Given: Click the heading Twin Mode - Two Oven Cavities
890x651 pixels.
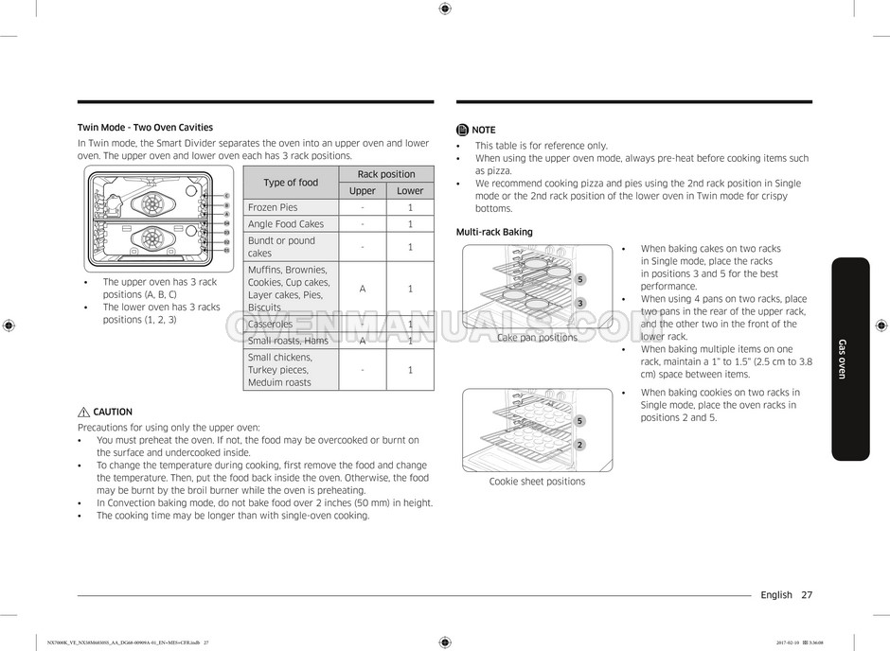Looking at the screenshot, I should coord(145,127).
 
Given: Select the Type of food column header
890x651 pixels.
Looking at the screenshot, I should coord(291,183).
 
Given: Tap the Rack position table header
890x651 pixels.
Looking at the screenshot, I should coord(385,174).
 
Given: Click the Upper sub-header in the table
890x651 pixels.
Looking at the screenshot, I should coord(362,191).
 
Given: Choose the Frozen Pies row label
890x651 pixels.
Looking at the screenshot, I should coord(273,207).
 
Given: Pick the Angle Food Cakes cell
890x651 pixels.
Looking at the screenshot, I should coord(285,224).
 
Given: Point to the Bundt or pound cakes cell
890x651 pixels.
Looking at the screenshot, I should coord(281,247).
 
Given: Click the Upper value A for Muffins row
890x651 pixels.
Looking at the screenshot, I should coord(362,289).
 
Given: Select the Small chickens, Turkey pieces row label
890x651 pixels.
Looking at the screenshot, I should coord(279,370).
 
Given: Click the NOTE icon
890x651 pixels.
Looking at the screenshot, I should coord(462,130).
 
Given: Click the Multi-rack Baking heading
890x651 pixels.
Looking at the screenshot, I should coord(494,232).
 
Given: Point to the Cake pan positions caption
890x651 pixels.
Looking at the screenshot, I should coord(537,338).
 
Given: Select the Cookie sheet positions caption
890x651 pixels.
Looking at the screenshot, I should coord(537,482).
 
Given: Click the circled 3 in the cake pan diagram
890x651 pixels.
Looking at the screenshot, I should coord(579,303).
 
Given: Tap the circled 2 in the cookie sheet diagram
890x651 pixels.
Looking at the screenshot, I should coord(579,445).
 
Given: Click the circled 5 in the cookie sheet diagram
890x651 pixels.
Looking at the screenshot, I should coord(579,420).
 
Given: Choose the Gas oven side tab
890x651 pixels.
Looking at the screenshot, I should coord(849,359).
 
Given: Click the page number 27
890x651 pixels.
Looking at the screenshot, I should coord(806,595).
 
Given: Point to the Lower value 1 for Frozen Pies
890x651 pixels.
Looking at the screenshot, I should coord(410,207).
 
